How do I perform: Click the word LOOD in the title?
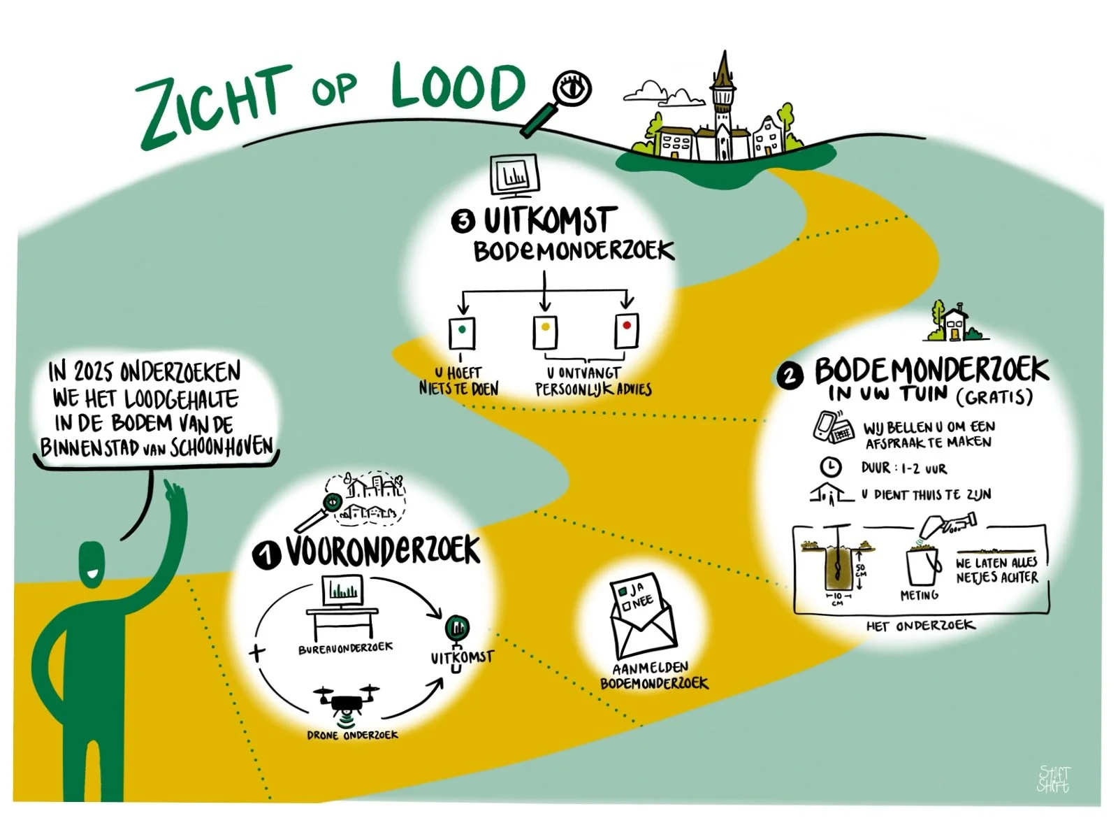[x=458, y=87]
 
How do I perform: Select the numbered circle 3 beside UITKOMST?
[x=463, y=222]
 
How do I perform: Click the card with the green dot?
[x=461, y=332]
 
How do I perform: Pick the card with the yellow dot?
[x=545, y=331]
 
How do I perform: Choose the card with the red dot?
[x=627, y=329]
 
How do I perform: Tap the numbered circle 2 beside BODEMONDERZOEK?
[x=789, y=376]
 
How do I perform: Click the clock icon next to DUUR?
[x=829, y=467]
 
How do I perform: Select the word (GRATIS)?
[x=995, y=397]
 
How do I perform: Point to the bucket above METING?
[x=922, y=566]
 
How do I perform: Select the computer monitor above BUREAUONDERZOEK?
[x=342, y=591]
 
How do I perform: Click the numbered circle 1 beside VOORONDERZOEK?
[x=266, y=555]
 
